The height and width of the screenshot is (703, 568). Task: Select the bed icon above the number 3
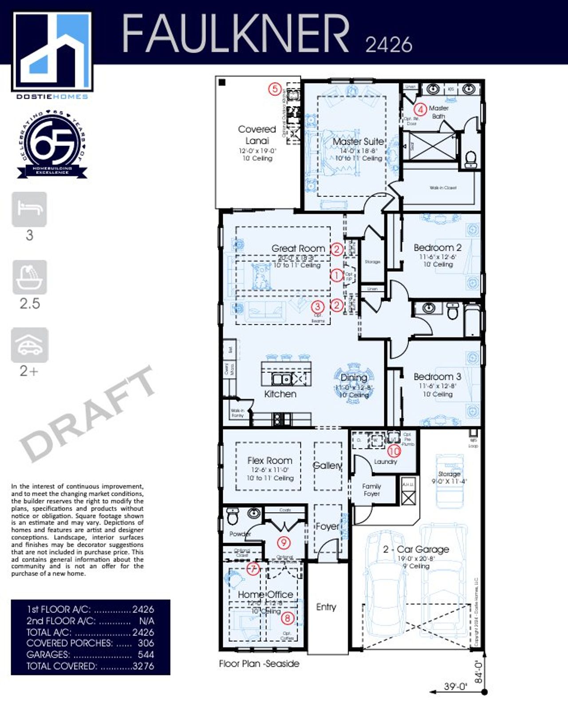point(29,209)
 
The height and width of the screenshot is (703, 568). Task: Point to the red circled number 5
point(275,89)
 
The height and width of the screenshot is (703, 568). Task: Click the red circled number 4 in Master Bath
point(420,109)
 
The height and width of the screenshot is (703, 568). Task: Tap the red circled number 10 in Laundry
point(394,451)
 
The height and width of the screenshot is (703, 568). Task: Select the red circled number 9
point(284,542)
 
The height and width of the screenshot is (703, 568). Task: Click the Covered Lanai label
point(257,135)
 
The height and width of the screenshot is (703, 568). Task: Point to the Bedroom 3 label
point(437,377)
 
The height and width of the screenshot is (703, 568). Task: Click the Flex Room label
point(270,461)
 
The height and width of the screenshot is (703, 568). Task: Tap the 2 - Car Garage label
point(416,549)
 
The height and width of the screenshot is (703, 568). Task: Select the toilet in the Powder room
point(233,517)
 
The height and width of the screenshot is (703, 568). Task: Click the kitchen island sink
point(282,379)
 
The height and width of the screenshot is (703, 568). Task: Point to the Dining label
point(354,378)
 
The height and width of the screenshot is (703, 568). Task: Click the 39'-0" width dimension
point(455,687)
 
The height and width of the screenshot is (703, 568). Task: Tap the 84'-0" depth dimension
point(478,671)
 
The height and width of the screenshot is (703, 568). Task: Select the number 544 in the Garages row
point(146,654)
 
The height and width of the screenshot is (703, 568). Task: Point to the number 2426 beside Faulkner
point(389,45)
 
